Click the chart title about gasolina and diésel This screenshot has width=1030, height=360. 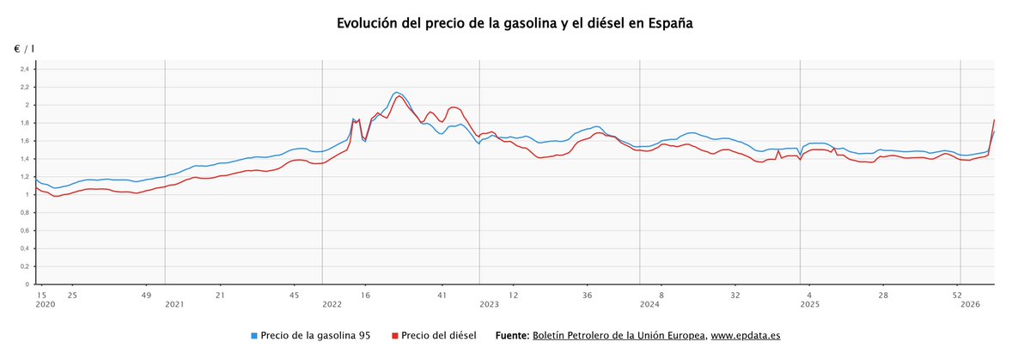point(515,23)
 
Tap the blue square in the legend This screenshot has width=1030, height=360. point(254,336)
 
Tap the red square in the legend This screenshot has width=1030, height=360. point(394,336)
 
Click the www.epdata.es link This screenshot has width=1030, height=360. point(746,336)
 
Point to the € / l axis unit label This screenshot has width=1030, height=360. point(24,49)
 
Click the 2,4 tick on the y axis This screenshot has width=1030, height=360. point(24,70)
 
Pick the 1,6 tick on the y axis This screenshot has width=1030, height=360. point(24,141)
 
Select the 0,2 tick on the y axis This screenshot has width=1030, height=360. point(24,266)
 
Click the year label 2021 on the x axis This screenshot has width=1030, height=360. point(174,304)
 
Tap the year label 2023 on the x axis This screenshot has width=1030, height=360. point(489,304)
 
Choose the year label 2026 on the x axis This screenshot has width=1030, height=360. point(970,304)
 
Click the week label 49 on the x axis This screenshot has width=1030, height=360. point(145,295)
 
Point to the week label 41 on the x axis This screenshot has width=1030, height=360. point(442,295)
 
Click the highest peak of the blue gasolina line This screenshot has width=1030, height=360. point(396,92)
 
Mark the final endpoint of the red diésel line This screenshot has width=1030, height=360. point(994,119)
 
